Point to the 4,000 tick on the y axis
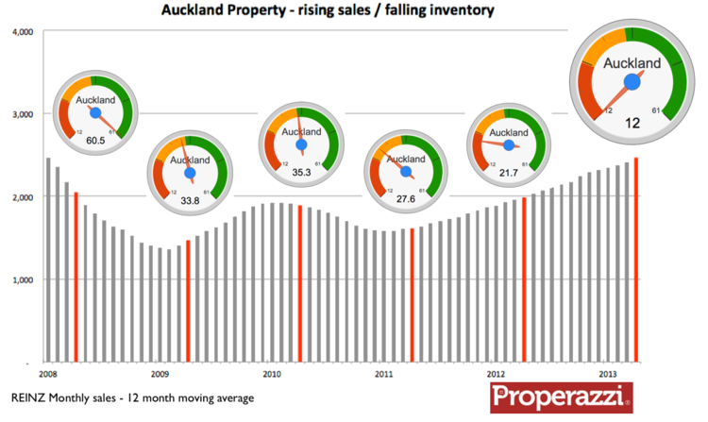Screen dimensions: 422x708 point(22,31)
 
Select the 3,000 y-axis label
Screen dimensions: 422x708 point(22,114)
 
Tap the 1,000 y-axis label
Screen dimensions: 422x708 point(22,280)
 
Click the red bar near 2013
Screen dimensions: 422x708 point(635,260)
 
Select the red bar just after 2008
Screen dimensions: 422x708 point(76,278)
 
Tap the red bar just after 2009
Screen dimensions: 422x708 point(188,301)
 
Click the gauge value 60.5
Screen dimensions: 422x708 point(94,140)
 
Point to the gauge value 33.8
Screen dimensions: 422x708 point(189,199)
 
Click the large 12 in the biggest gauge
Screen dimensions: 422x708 point(632,123)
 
